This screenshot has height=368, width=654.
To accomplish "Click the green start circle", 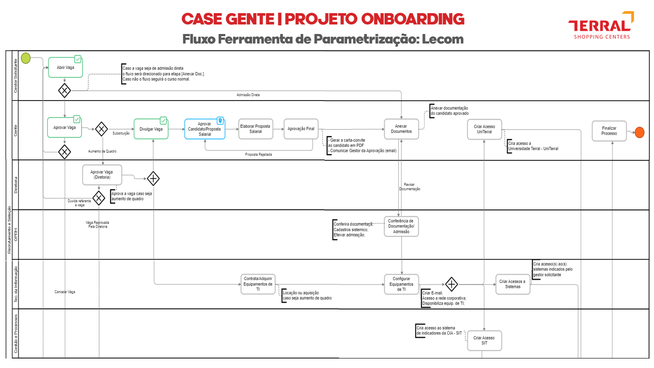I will pyautogui.click(x=26, y=58).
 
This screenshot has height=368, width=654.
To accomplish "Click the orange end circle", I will pyautogui.click(x=639, y=132).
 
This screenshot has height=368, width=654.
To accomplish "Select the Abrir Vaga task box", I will pyautogui.click(x=66, y=67).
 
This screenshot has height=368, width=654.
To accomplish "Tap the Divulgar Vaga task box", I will pyautogui.click(x=151, y=129).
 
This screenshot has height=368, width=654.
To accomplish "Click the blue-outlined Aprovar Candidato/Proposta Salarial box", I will pyautogui.click(x=205, y=129).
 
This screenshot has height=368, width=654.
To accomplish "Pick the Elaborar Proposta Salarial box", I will pyautogui.click(x=256, y=129).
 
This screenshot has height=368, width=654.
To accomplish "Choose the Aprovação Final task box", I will pyautogui.click(x=301, y=129).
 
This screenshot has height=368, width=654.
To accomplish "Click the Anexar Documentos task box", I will pyautogui.click(x=401, y=129).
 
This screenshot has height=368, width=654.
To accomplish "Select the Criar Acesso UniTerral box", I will pyautogui.click(x=485, y=129).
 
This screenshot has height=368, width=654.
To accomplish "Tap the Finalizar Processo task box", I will pyautogui.click(x=609, y=131).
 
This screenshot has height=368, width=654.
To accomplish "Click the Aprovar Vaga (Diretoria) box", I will pyautogui.click(x=102, y=174).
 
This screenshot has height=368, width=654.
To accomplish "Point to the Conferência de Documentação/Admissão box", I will pyautogui.click(x=401, y=226).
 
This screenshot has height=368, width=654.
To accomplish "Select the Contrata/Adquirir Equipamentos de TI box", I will pyautogui.click(x=258, y=284).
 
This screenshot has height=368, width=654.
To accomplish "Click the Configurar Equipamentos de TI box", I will pyautogui.click(x=401, y=284).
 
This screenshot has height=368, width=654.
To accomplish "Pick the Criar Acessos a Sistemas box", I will pyautogui.click(x=513, y=284).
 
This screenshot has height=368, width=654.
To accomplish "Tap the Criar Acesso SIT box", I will pyautogui.click(x=484, y=340).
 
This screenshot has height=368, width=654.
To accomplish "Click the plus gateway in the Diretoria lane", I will pyautogui.click(x=153, y=179).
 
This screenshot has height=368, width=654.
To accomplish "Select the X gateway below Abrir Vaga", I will pyautogui.click(x=65, y=91).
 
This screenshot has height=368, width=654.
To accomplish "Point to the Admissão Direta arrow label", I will pyautogui.click(x=248, y=95).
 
